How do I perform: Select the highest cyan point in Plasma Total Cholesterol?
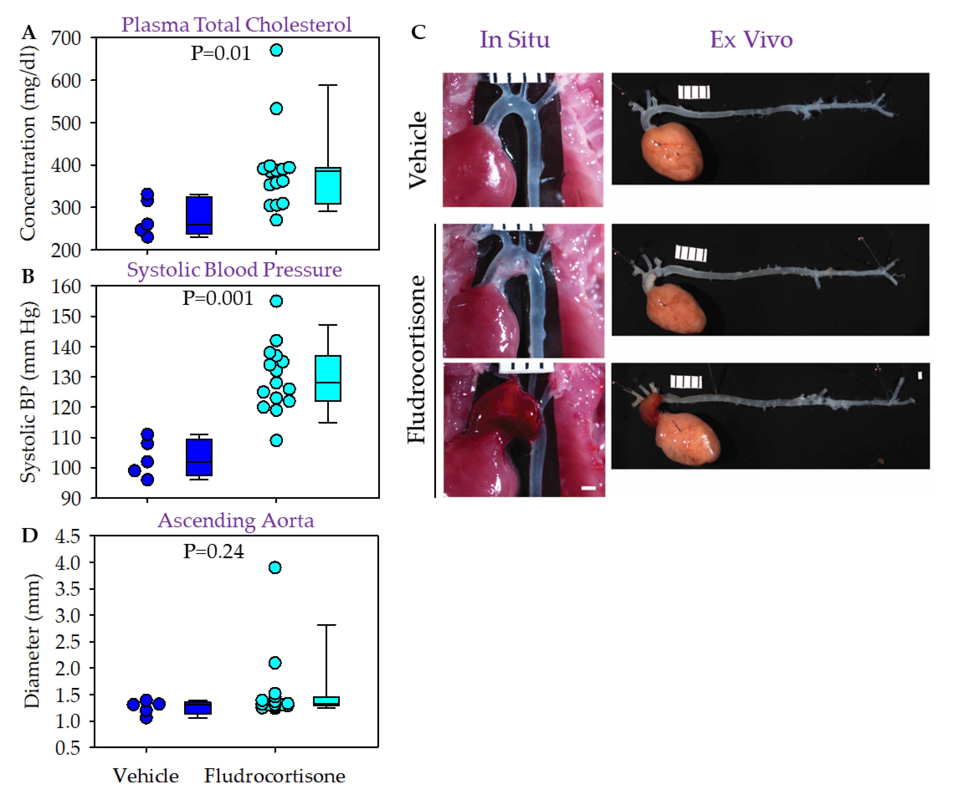click(276, 50)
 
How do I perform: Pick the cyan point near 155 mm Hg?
click(276, 301)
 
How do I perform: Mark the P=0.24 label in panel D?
click(214, 551)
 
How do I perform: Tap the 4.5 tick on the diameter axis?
click(67, 536)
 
